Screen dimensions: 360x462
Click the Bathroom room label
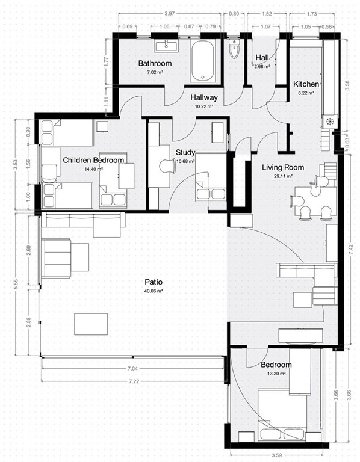(x=155, y=63)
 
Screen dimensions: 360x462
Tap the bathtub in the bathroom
(x=202, y=61)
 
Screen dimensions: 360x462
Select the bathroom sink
(x=166, y=46)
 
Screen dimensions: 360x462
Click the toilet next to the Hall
(x=234, y=49)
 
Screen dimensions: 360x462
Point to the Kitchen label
(x=306, y=84)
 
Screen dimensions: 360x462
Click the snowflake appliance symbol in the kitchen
(x=329, y=121)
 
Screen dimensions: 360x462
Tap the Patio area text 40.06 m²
(x=154, y=291)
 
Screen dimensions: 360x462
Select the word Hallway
(x=203, y=97)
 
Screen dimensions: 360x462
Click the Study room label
(x=185, y=152)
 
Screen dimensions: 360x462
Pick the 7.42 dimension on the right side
(x=350, y=249)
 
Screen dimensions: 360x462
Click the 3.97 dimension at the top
(x=170, y=14)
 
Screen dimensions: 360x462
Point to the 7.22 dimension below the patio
(x=134, y=381)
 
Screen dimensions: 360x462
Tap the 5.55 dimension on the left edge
(x=16, y=285)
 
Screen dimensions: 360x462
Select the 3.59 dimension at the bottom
(x=276, y=455)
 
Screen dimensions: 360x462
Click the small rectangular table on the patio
(x=91, y=324)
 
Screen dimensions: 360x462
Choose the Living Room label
(x=283, y=167)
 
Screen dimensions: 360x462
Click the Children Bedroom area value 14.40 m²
(x=93, y=169)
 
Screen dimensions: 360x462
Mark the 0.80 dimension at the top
(x=234, y=14)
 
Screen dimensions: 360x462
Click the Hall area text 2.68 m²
(x=262, y=67)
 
